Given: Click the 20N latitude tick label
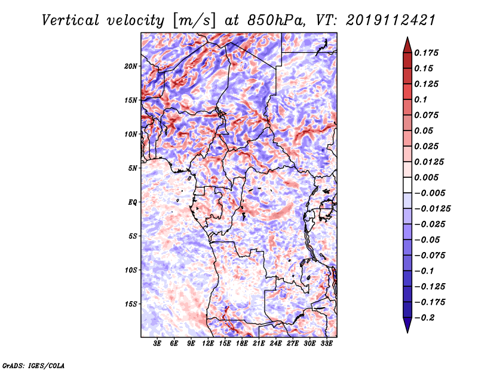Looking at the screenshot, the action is click(130, 66).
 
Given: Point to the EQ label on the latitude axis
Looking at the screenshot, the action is click(133, 202).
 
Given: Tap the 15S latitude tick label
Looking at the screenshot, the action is click(130, 304).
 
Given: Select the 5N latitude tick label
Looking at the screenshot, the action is click(133, 168).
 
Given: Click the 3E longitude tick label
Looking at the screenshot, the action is click(157, 344).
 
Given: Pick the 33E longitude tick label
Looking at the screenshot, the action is click(326, 344).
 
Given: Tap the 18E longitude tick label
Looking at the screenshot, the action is click(242, 344).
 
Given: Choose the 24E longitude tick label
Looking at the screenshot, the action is click(275, 344).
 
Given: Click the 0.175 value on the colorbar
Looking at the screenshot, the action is click(426, 53).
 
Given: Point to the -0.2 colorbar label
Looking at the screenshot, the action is click(424, 318).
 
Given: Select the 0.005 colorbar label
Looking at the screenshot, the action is click(426, 177).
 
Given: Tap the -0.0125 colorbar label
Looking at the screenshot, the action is click(432, 209).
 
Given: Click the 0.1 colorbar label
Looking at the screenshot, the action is click(421, 99).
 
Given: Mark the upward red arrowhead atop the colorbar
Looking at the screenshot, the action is click(407, 45).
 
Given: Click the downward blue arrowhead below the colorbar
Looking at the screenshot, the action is click(407, 325).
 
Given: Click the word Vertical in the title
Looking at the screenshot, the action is click(71, 20).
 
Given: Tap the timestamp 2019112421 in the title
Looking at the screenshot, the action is click(391, 20).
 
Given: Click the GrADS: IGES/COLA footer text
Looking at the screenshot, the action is click(33, 365).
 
